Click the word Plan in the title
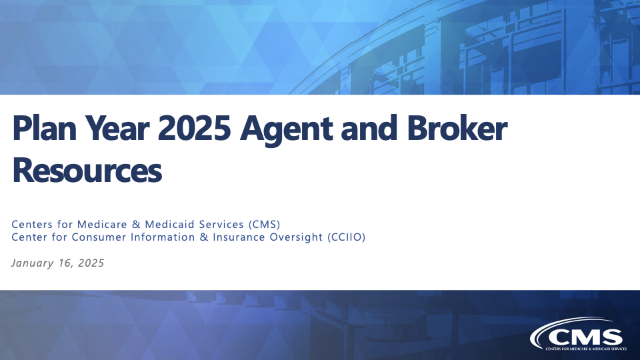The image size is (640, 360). point(45,128)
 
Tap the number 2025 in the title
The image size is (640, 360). point(194,128)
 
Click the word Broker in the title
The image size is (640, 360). point(457,128)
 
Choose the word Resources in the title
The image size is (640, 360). point(87,170)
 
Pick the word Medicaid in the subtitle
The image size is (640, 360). point(170,225)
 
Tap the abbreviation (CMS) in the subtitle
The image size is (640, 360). point(265,225)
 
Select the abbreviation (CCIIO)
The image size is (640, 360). point(347,237)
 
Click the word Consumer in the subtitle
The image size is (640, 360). point(99,237)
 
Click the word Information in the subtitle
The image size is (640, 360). point(163,237)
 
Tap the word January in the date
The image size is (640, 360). point(32,263)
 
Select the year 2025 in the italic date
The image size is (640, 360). point(91,263)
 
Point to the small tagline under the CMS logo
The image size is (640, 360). point(586,349)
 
